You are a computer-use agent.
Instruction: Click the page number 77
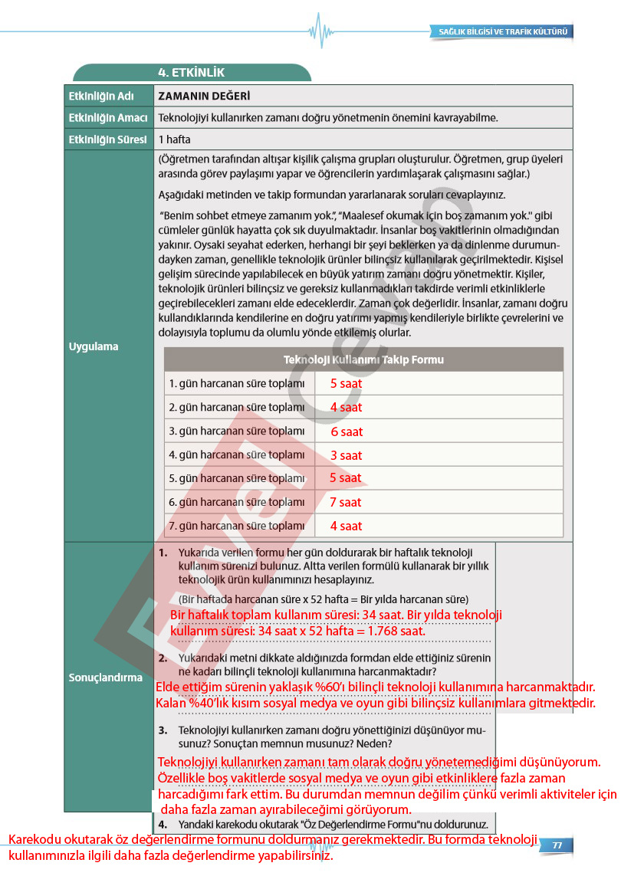point(557,845)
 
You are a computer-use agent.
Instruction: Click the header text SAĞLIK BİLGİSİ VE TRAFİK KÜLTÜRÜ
point(502,32)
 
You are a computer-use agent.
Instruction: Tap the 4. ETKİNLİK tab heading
point(191,73)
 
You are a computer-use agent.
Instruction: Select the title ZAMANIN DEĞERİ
point(204,96)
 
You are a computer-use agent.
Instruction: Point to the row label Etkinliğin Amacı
point(107,118)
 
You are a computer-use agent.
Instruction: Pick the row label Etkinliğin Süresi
point(107,139)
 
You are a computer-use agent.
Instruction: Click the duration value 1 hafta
point(175,139)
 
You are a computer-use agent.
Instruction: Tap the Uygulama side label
point(94,346)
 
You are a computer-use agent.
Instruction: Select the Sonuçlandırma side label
point(106,678)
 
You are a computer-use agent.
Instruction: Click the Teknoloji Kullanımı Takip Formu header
point(363,359)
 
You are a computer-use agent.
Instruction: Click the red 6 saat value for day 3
point(347,431)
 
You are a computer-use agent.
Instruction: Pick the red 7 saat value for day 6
point(345,502)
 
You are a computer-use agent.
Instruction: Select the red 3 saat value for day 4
point(346,455)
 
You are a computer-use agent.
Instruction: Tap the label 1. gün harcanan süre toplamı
point(237,383)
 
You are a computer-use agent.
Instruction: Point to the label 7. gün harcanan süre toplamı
point(237,526)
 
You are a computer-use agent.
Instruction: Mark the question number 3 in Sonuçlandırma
point(163,730)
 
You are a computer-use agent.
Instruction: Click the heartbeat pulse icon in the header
point(320,31)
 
